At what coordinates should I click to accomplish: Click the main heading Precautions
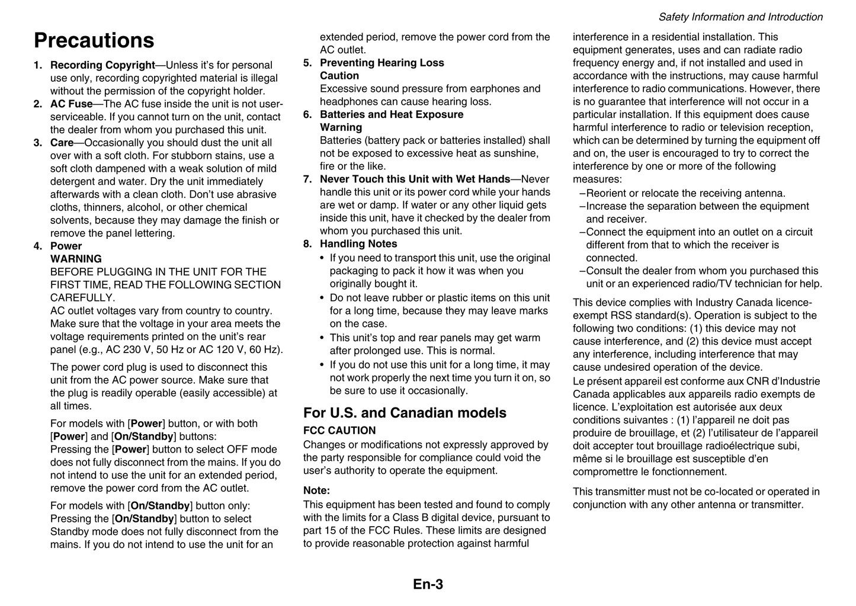(94, 41)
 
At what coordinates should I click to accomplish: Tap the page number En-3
(428, 584)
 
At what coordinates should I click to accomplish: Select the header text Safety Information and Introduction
(740, 17)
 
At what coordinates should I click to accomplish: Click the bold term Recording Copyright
(102, 65)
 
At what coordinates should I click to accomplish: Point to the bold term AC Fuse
(71, 104)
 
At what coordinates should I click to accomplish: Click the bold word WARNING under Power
(76, 259)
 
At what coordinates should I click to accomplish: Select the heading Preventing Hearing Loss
(381, 63)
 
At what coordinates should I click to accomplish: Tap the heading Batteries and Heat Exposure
(392, 114)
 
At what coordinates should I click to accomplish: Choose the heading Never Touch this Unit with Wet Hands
(415, 179)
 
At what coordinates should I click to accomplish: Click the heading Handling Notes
(358, 243)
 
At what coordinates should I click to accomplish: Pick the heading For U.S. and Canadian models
(405, 413)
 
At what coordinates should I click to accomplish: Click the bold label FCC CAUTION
(339, 431)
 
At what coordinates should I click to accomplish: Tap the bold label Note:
(316, 490)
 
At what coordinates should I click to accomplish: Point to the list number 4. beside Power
(38, 246)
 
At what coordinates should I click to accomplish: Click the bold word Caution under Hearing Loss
(339, 76)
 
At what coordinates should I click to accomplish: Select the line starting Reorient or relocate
(685, 193)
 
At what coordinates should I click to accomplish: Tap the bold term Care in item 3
(62, 143)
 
